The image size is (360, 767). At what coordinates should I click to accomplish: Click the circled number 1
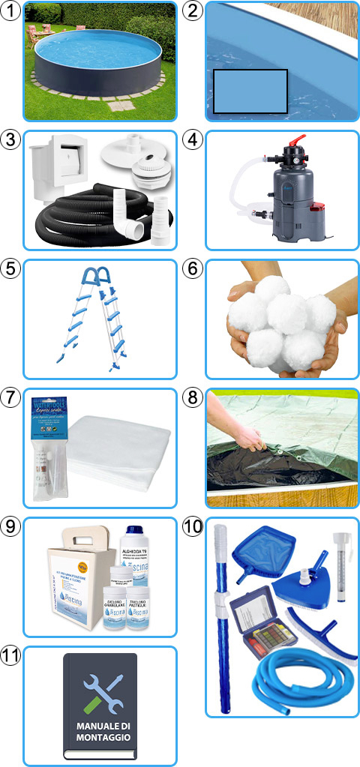click(x=10, y=10)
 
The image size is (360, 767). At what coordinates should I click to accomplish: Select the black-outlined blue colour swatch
click(x=250, y=91)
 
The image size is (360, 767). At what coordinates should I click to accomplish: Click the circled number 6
click(x=193, y=268)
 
